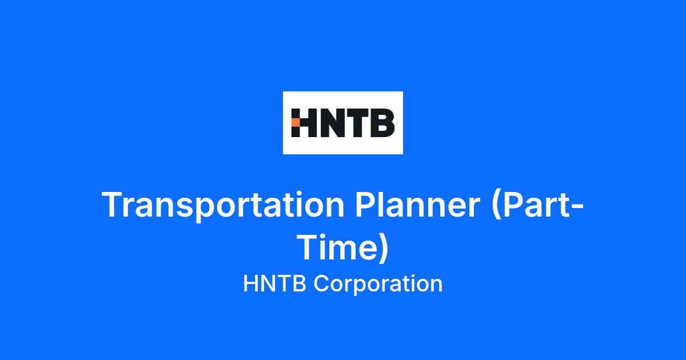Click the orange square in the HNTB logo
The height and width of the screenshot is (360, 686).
[296, 123]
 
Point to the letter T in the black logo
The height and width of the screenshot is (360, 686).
[357, 123]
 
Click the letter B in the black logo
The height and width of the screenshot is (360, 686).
[382, 123]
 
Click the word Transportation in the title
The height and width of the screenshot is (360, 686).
[223, 205]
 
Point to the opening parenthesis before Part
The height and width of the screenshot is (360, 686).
[496, 205]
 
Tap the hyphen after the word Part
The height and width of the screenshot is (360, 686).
[577, 207]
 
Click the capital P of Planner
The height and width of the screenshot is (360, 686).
[366, 204]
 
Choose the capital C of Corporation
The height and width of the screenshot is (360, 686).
[322, 284]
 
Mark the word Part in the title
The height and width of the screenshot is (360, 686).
[537, 204]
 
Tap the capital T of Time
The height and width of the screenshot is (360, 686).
[310, 247]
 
